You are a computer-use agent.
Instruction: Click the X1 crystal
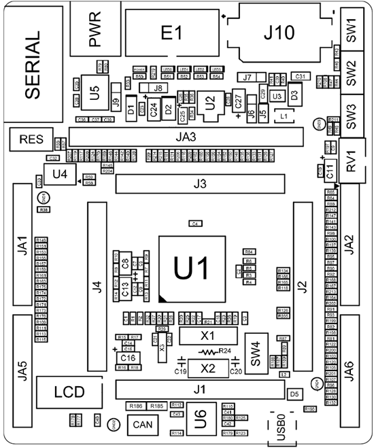pyautogui.click(x=207, y=336)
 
